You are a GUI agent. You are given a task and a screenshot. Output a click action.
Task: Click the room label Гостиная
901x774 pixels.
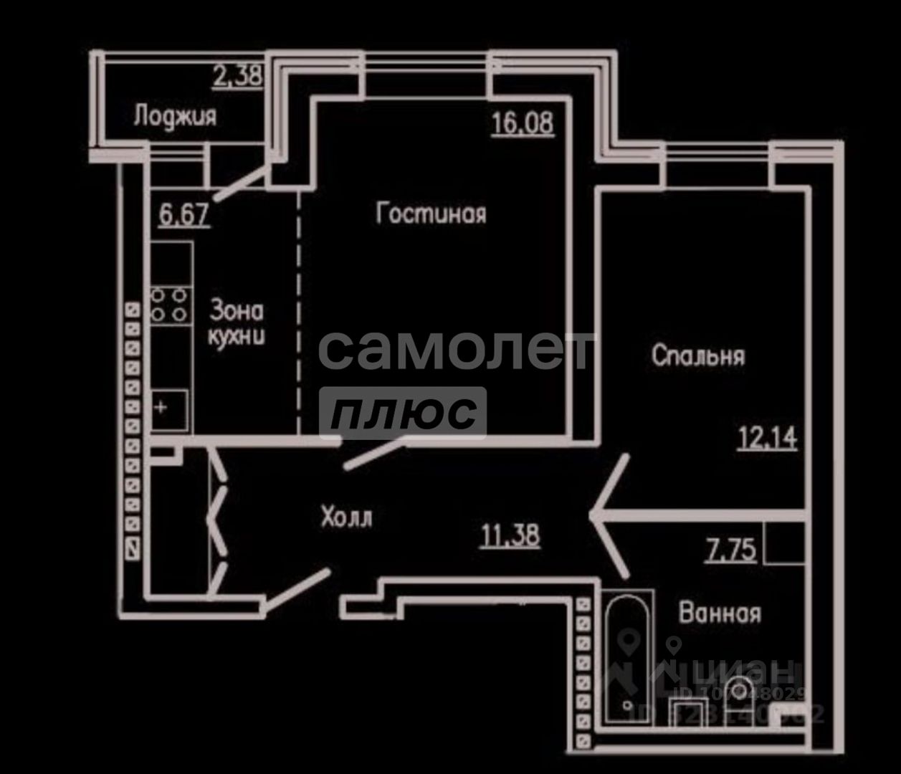[432, 214]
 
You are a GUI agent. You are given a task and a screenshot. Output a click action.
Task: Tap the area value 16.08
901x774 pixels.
[523, 123]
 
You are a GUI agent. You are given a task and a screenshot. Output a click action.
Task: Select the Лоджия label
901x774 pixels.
[175, 116]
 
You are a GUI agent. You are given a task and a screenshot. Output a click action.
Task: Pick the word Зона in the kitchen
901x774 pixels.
[237, 311]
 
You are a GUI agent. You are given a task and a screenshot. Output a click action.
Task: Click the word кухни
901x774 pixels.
[237, 336]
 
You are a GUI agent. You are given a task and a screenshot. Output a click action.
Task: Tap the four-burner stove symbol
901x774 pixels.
[170, 305]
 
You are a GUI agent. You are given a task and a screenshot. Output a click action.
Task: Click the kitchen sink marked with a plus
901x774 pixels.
[170, 409]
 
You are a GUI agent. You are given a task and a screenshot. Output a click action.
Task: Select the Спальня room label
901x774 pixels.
[699, 355]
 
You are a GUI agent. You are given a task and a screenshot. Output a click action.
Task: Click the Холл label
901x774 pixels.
[346, 517]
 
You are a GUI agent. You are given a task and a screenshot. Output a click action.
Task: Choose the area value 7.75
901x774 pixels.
[730, 550]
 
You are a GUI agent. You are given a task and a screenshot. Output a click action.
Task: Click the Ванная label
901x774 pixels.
[720, 613]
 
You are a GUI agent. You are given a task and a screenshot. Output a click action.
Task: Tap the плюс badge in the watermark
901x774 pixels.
[403, 412]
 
